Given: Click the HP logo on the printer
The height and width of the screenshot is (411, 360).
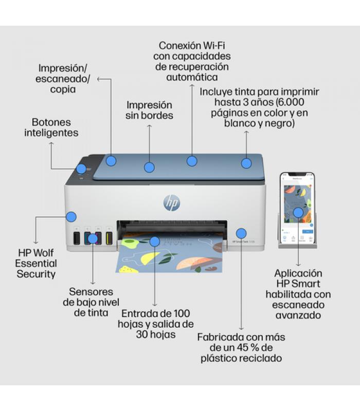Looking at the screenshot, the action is coord(172,203).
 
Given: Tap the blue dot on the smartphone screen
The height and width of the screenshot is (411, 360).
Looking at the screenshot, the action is coord(298,213).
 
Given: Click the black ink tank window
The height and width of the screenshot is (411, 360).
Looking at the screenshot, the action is coord(77,238).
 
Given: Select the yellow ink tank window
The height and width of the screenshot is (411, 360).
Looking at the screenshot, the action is coord(109,238).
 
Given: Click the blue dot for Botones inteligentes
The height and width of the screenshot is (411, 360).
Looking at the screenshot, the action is coord(81,169).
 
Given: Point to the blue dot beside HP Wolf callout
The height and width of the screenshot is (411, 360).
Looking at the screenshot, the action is coord(71,217).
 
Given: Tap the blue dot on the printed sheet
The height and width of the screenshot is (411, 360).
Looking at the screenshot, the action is coord(155,241).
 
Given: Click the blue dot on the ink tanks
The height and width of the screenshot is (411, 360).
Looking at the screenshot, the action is coord(93,238).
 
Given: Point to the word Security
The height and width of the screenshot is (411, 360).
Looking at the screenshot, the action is coord(36,274).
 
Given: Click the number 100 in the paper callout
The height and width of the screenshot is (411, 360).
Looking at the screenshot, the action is coord(182,313).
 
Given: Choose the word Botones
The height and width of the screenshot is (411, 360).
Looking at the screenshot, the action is coord(51,122).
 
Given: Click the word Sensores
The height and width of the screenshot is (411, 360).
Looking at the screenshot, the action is coord(91,292).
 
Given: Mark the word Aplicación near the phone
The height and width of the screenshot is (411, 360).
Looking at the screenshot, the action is coord(298,273).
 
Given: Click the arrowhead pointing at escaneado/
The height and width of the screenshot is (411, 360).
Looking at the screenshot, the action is coord(99,79).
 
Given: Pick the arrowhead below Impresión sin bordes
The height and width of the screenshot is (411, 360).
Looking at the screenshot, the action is coord(149,126).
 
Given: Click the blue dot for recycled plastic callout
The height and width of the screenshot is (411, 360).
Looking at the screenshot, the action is coord(241,233).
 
